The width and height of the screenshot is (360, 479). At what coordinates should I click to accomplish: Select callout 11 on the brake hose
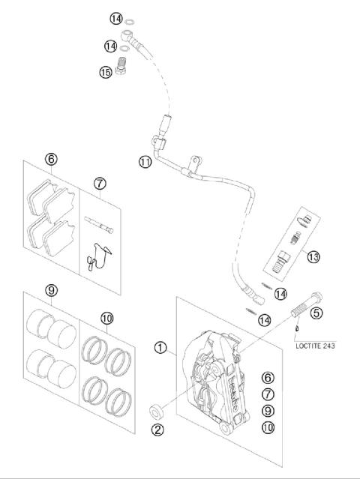[145, 161]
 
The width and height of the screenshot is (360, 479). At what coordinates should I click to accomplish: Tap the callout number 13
[313, 256]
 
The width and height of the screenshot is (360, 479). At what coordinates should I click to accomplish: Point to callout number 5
[316, 313]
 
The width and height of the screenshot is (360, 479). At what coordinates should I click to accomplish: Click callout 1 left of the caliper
[160, 347]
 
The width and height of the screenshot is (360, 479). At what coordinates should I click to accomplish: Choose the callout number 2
[157, 430]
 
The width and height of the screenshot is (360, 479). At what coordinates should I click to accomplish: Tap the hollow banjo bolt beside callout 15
[126, 67]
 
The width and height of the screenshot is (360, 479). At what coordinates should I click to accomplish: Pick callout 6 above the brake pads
[51, 159]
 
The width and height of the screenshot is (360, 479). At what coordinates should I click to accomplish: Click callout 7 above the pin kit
[100, 183]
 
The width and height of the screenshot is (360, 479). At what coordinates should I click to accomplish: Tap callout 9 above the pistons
[51, 290]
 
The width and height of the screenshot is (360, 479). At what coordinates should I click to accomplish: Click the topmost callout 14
[115, 17]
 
